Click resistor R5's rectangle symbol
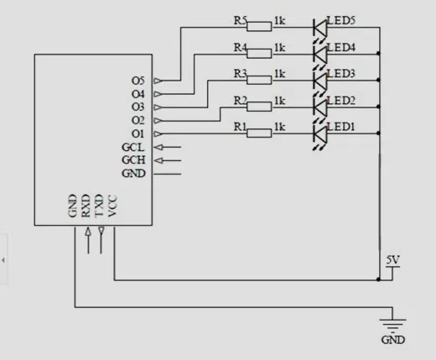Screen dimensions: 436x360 click(259, 27)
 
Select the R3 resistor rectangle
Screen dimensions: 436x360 click(259, 80)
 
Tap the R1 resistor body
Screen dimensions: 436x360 click(259, 133)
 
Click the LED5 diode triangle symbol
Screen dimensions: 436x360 click(320, 28)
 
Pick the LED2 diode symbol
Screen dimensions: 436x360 click(320, 107)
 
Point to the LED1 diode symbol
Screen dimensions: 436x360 click(320, 133)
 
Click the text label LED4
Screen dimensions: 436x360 click(341, 48)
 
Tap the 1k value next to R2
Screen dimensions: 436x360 click(280, 101)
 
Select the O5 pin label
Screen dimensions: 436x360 click(138, 81)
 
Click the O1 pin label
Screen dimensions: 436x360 click(138, 134)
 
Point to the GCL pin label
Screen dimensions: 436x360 click(133, 147)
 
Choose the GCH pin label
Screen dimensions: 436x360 click(133, 160)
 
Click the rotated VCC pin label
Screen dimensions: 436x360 click(112, 206)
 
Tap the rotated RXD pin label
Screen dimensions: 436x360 click(86, 206)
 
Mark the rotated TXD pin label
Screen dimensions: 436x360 click(99, 206)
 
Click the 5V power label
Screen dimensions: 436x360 click(393, 260)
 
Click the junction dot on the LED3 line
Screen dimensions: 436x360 click(378, 80)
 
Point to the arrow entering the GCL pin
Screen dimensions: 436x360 click(168, 147)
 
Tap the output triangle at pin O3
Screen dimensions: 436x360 click(158, 107)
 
